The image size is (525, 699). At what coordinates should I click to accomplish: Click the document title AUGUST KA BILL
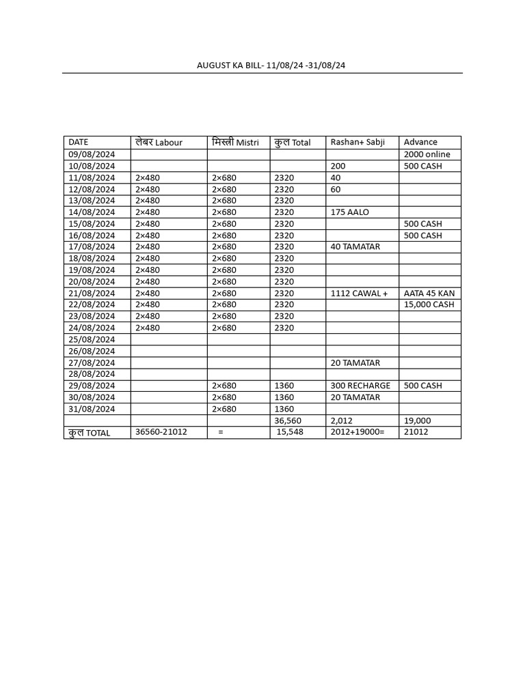[x=275, y=66]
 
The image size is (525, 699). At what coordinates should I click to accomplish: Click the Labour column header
[x=159, y=142]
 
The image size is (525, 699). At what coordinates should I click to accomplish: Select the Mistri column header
[x=235, y=142]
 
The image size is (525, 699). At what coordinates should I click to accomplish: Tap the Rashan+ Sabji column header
[x=358, y=142]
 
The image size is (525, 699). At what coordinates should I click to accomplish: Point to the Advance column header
[x=420, y=142]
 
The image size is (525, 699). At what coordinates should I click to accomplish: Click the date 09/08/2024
[x=92, y=154]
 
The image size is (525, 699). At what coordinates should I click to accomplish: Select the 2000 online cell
[x=427, y=154]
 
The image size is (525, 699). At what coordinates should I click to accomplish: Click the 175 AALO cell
[x=349, y=212]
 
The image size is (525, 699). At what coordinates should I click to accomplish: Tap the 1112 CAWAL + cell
[x=359, y=294]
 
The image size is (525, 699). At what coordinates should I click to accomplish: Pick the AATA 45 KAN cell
[x=429, y=294]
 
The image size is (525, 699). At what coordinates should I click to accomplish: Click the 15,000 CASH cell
[x=429, y=304]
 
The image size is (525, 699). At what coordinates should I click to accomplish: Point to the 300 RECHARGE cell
[x=360, y=386]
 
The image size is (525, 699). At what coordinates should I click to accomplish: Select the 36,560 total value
[x=287, y=420]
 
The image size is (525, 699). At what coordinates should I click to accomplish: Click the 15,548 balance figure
[x=290, y=432]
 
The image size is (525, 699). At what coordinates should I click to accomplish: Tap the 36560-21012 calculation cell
[x=161, y=432]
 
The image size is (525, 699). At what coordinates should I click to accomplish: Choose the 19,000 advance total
[x=417, y=420]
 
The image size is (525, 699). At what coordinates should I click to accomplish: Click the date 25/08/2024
[x=92, y=339]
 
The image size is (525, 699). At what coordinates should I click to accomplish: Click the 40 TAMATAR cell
[x=355, y=247]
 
